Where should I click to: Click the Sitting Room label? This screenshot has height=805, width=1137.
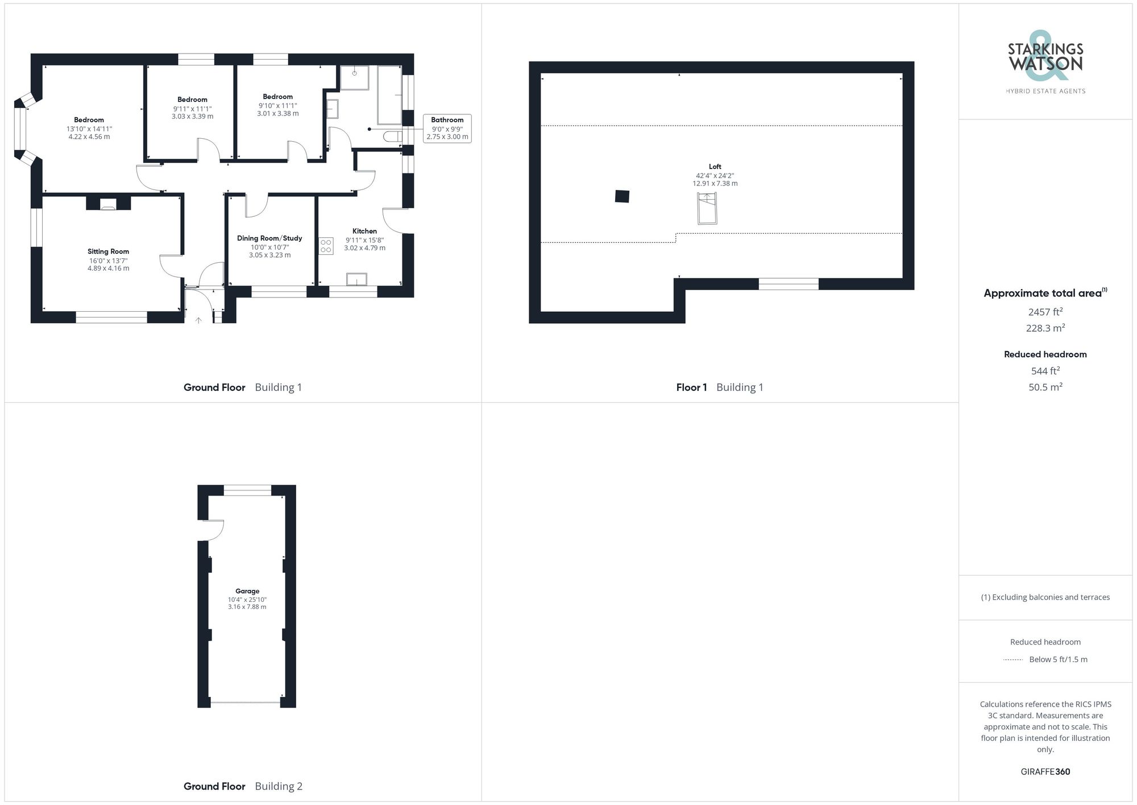tap(108, 251)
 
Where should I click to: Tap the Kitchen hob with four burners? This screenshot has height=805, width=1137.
tap(326, 246)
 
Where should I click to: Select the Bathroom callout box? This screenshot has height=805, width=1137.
tap(447, 128)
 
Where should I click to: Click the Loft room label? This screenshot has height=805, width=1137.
tap(715, 167)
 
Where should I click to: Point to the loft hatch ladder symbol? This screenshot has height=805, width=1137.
tap(707, 209)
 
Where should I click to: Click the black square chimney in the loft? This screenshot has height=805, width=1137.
tap(622, 196)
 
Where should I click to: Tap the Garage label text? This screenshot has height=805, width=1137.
tap(247, 591)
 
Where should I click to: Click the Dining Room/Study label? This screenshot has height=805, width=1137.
tap(269, 238)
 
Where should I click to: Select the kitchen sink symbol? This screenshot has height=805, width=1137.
tap(356, 279)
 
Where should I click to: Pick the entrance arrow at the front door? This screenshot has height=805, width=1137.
tap(198, 321)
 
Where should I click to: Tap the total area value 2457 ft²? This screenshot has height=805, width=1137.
tap(1045, 312)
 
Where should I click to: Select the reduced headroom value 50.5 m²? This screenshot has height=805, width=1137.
tap(1045, 387)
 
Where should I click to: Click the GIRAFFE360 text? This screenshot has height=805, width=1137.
tap(1045, 772)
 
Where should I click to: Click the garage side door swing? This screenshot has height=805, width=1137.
tap(213, 530)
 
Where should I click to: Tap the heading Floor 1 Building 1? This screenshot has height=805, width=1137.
tap(719, 387)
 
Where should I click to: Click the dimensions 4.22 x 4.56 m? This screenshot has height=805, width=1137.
tap(89, 137)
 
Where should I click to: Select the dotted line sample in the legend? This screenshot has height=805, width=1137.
tap(1013, 660)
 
